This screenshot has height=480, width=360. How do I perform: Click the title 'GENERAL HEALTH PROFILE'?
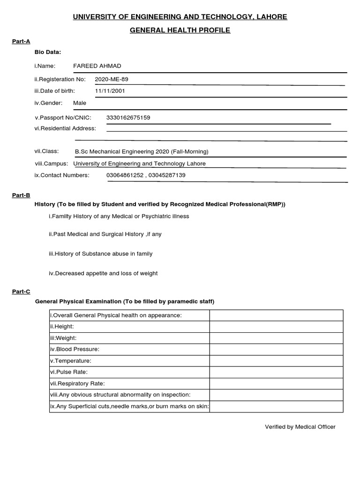click(180, 30)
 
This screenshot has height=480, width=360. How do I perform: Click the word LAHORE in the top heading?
click(270, 17)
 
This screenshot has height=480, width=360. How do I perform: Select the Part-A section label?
click(21, 41)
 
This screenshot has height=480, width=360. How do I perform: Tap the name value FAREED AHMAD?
click(97, 66)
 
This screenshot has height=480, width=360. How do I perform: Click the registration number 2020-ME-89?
click(112, 79)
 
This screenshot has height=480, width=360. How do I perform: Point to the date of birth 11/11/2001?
click(110, 91)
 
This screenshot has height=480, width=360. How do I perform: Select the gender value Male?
click(80, 103)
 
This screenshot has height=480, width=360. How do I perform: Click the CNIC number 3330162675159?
click(128, 118)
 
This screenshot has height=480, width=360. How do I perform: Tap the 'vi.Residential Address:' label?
click(65, 128)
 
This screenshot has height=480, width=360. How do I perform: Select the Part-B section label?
click(21, 195)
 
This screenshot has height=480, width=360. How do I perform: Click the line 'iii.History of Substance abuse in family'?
click(100, 254)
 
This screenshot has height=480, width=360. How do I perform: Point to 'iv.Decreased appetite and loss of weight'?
click(103, 273)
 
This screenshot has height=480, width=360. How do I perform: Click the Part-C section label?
click(21, 292)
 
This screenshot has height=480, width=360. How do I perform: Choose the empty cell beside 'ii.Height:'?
click(276, 326)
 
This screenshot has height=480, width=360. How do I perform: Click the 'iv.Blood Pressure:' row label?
click(75, 349)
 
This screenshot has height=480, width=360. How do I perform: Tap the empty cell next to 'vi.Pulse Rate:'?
click(276, 372)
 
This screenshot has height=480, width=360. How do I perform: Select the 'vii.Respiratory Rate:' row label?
click(77, 383)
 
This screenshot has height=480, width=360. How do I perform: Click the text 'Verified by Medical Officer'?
click(300, 427)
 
